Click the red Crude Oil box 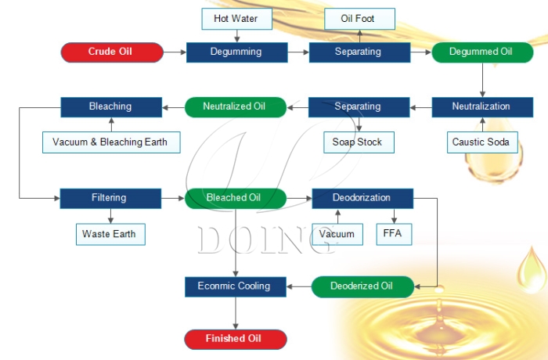(112, 52)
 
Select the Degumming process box (236, 52)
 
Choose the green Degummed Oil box (481, 52)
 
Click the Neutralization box (481, 106)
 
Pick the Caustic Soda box (481, 142)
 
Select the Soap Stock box (358, 142)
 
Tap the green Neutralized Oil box (236, 106)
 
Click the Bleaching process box (110, 106)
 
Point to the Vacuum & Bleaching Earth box (110, 142)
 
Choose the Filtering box (110, 198)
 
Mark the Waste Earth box (110, 233)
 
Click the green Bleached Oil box (234, 198)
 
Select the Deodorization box (361, 198)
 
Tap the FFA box (392, 233)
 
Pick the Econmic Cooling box (234, 286)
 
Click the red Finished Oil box (234, 339)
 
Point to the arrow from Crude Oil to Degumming (175, 52)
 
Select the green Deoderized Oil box (361, 286)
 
